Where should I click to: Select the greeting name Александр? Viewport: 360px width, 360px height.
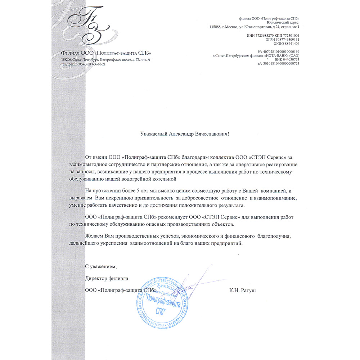click(183, 134)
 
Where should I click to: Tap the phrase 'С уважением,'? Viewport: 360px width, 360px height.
click(101, 267)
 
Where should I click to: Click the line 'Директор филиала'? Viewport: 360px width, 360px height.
click(106, 278)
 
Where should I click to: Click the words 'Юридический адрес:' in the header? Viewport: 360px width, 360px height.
click(285, 22)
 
